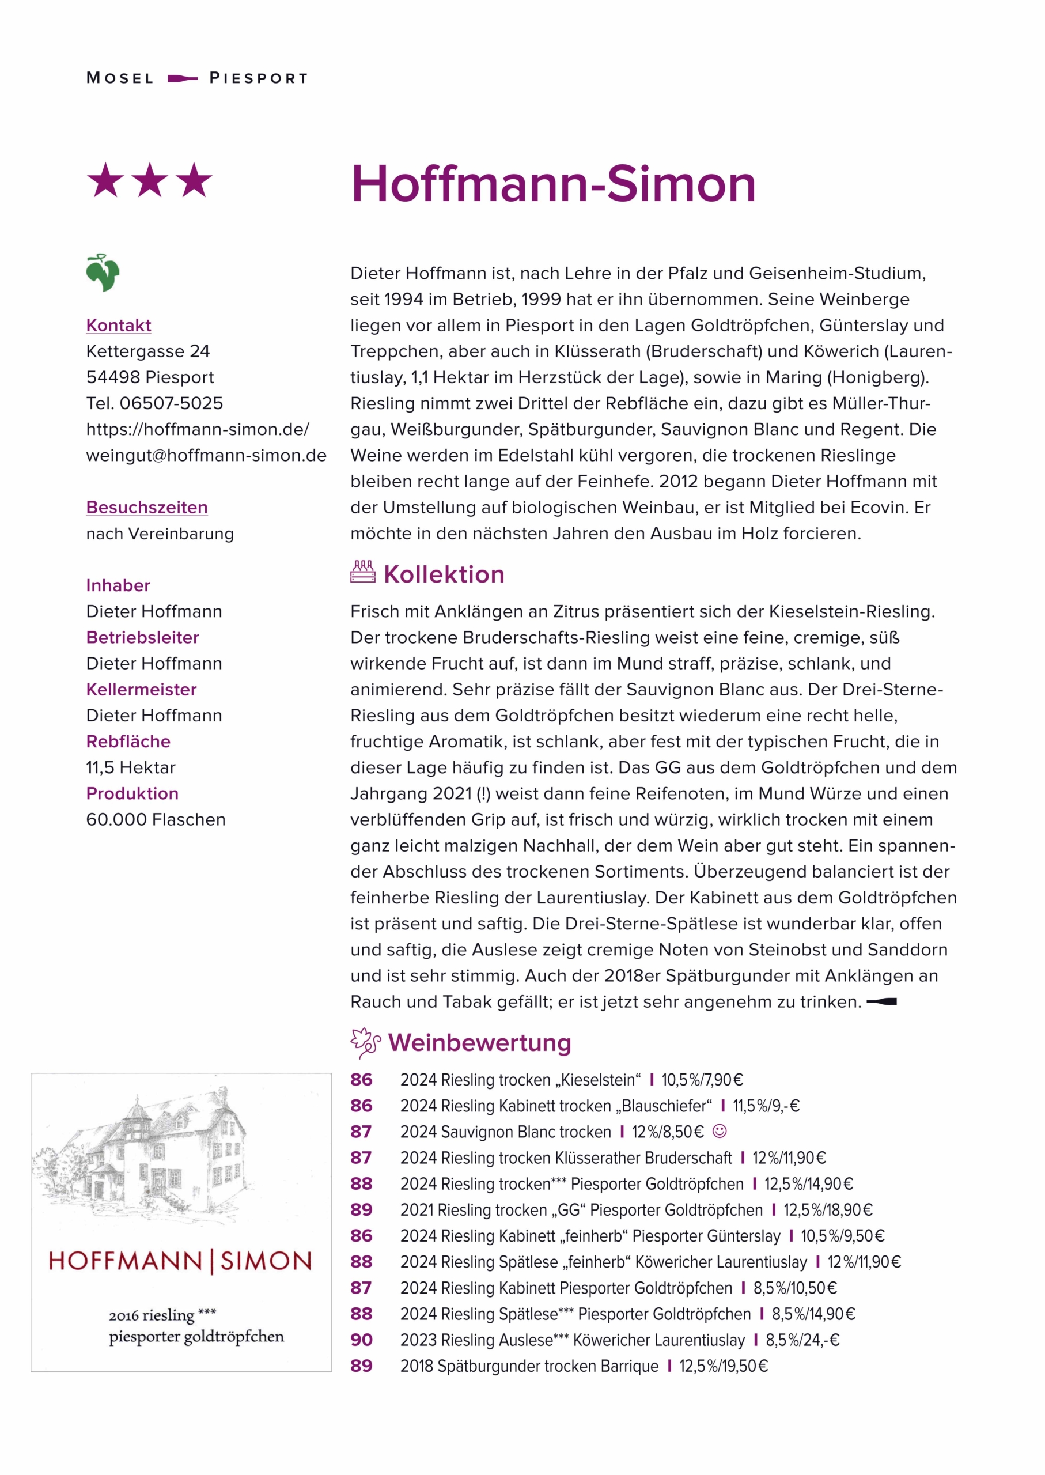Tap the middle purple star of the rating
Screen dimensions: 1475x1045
click(x=150, y=180)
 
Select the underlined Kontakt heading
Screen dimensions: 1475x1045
click(x=119, y=325)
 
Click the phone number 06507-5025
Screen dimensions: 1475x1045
click(x=171, y=403)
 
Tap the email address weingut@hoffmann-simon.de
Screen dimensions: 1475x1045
click(x=206, y=456)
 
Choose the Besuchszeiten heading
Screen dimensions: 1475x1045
click(x=147, y=507)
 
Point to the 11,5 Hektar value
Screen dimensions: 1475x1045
click(x=131, y=767)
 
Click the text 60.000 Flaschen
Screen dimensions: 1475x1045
click(x=156, y=819)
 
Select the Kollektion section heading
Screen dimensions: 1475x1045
click(x=444, y=574)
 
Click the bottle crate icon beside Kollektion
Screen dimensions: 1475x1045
click(x=363, y=572)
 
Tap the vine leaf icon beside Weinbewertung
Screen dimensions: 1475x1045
click(x=365, y=1042)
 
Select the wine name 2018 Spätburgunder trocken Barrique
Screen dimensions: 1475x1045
click(x=529, y=1366)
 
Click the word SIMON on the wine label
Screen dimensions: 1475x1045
click(x=266, y=1261)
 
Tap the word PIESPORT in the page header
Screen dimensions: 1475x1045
click(x=259, y=78)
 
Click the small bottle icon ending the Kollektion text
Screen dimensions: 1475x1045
click(x=881, y=1001)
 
